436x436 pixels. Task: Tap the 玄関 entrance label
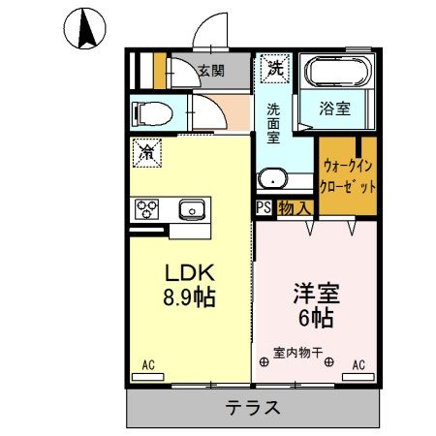[210, 71]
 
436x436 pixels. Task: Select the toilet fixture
[150, 113]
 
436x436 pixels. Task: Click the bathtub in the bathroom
[336, 73]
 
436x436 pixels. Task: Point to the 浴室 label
[336, 109]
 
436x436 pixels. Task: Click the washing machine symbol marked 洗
[276, 69]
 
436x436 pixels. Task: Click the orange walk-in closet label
[347, 176]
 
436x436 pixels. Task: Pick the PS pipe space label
[264, 207]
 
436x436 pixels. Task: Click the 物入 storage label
[295, 207]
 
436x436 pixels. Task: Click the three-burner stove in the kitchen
[148, 207]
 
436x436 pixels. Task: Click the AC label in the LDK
[149, 365]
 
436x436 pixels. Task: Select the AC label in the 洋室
[358, 365]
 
